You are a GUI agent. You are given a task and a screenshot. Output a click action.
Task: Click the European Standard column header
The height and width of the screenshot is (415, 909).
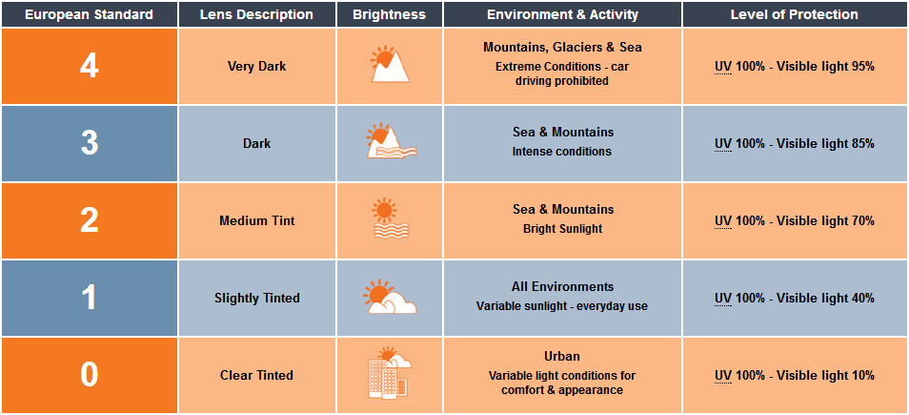[89, 14]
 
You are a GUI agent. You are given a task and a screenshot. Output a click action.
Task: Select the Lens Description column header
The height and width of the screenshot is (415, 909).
[257, 14]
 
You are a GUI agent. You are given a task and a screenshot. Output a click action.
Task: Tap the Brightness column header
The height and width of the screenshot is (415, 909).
[389, 14]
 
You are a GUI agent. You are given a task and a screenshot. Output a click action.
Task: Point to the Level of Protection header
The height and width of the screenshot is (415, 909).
[795, 14]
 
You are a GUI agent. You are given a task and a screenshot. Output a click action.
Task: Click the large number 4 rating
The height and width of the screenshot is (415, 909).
[89, 67]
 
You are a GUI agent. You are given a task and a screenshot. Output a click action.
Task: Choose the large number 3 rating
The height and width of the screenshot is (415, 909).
[89, 143]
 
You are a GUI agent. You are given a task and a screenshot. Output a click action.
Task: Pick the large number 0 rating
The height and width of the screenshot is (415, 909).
[89, 375]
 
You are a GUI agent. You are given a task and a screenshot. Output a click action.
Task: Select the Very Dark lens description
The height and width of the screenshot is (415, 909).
[257, 67]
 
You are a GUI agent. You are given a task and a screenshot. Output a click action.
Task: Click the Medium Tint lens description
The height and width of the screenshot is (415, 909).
[257, 221]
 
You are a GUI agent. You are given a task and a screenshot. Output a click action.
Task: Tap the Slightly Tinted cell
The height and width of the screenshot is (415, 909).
[257, 299]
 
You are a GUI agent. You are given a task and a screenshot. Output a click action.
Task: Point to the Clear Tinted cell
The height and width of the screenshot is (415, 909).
[257, 376]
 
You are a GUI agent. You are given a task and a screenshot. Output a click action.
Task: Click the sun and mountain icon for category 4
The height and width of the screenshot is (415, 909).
[390, 64]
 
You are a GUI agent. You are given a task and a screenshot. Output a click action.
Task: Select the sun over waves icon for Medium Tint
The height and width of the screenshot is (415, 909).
[390, 219]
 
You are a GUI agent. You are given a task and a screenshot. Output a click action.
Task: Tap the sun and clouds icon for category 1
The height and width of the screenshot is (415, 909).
[389, 297]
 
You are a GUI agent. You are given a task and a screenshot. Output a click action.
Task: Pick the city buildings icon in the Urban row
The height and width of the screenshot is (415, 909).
[390, 373]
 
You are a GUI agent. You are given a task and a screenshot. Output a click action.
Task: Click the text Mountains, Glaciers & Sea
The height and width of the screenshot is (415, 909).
[562, 48]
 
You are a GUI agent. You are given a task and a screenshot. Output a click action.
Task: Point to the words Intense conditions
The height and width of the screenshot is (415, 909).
[562, 152]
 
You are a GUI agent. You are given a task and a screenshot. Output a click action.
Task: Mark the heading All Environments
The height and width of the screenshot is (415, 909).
[562, 287]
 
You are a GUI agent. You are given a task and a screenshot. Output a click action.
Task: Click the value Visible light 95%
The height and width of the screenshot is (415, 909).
[825, 67]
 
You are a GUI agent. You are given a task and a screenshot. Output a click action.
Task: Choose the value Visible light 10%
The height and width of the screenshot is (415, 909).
[825, 376]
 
